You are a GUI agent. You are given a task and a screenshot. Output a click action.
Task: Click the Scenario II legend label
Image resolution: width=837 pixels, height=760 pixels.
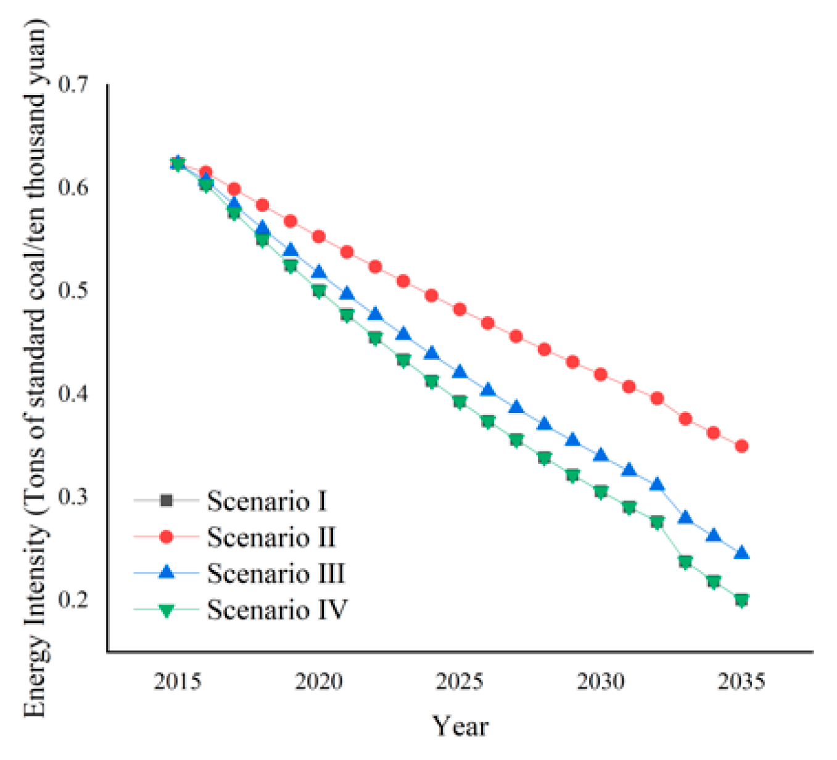coord(271,537)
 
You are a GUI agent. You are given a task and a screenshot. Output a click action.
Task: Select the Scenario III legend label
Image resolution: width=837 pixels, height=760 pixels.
coord(276,573)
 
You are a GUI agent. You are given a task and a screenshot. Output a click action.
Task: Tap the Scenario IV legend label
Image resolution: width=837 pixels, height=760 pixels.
coord(277,610)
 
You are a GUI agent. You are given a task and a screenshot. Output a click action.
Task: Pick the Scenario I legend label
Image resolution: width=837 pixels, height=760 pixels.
coord(266,501)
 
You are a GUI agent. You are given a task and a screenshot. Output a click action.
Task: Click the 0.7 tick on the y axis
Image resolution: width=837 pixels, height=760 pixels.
coord(73,84)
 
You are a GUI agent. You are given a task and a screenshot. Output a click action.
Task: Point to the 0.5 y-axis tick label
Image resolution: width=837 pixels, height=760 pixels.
coord(73,290)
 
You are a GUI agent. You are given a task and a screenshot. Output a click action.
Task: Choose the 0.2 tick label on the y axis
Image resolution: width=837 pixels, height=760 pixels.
coord(73,599)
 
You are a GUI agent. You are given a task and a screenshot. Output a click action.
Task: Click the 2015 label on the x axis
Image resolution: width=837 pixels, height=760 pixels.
coord(178,682)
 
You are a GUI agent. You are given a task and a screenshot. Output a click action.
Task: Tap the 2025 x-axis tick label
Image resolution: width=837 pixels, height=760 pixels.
coord(460,682)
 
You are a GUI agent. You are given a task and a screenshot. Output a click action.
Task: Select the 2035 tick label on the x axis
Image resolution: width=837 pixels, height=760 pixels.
coord(741,682)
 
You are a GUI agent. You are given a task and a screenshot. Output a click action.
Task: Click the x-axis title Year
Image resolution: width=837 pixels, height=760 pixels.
coord(460,726)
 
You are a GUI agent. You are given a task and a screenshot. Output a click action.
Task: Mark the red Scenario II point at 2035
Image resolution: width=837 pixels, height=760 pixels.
coord(741,446)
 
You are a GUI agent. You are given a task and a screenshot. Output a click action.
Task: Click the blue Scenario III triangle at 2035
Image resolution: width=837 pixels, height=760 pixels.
coord(741,552)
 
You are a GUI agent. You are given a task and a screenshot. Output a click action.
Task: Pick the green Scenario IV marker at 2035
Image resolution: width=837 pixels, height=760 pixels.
coord(741,600)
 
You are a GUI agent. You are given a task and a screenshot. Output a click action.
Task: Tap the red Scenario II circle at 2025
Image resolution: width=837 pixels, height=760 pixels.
coord(460,309)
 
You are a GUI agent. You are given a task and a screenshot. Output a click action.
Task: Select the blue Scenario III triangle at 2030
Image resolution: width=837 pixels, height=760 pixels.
coord(601,456)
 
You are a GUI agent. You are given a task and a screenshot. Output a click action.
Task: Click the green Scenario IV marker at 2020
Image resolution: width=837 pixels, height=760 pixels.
coord(318,292)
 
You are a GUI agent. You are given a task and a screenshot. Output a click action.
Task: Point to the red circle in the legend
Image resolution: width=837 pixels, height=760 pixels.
coord(166,537)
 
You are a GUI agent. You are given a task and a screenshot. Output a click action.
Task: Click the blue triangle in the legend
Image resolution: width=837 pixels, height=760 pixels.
coord(166,573)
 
